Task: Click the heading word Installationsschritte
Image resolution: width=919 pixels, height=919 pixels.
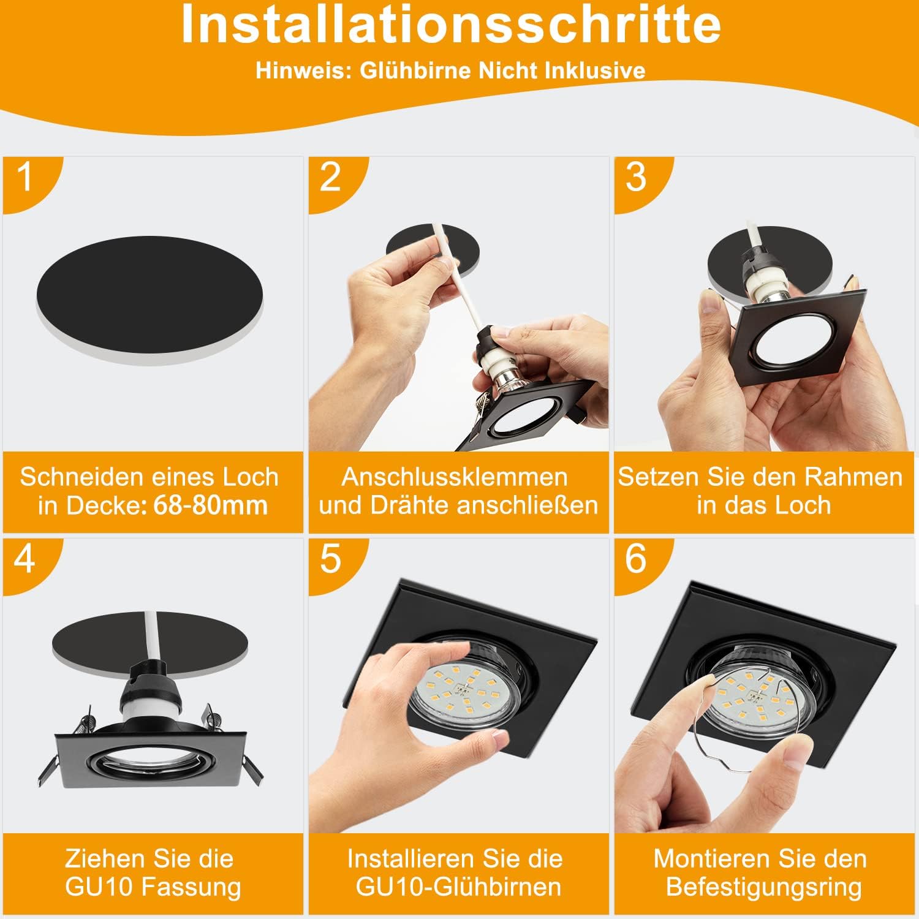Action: point(451,25)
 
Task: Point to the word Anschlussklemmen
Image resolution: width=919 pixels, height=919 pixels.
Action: point(455,477)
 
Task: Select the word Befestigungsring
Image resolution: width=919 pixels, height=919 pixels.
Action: point(764,887)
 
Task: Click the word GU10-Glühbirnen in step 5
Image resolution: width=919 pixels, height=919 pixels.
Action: point(458,887)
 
